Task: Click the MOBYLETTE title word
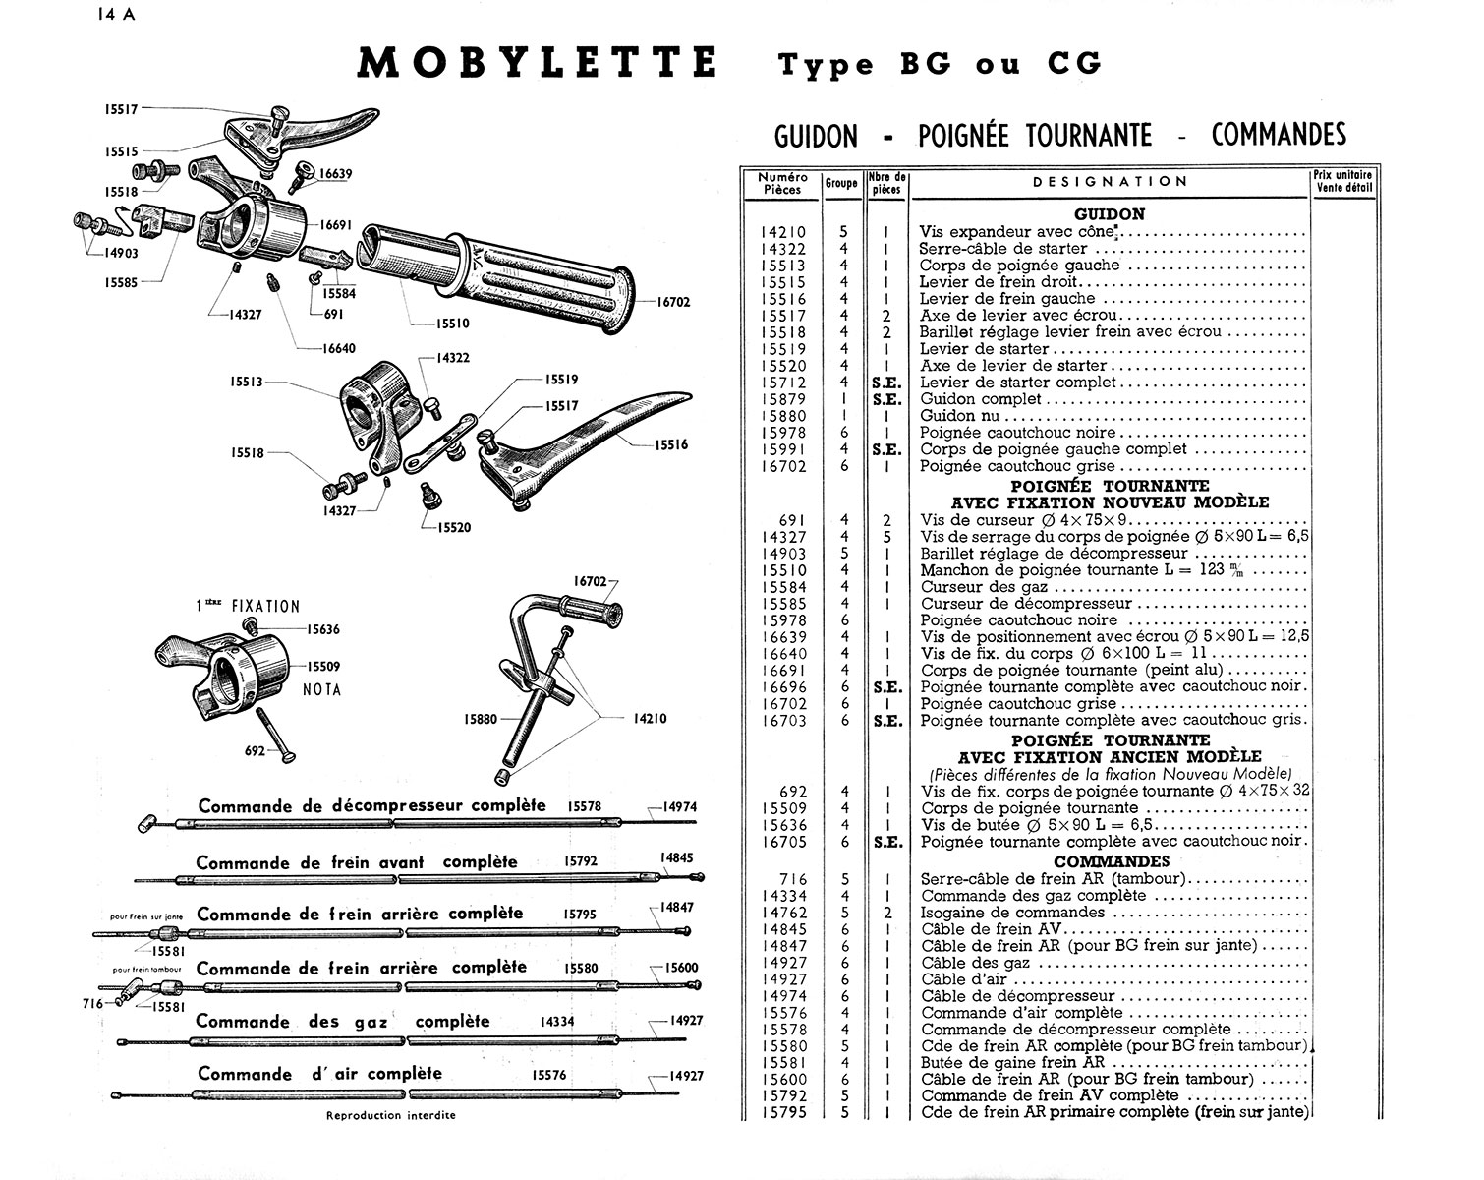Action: pos(538,63)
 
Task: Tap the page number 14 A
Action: pos(119,15)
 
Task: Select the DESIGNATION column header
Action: pos(1111,182)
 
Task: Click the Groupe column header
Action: pos(841,183)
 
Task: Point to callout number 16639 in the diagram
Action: pos(336,174)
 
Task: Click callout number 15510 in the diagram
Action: pos(453,323)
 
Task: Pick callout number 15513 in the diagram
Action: pos(247,382)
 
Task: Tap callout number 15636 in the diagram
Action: pos(323,629)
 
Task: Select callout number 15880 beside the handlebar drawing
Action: pos(481,719)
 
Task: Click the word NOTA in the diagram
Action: pos(322,690)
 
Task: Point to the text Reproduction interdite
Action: pos(391,1115)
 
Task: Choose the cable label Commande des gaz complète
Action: pos(342,1022)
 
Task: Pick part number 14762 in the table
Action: pos(783,913)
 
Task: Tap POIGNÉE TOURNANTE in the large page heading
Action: pos(1036,135)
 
